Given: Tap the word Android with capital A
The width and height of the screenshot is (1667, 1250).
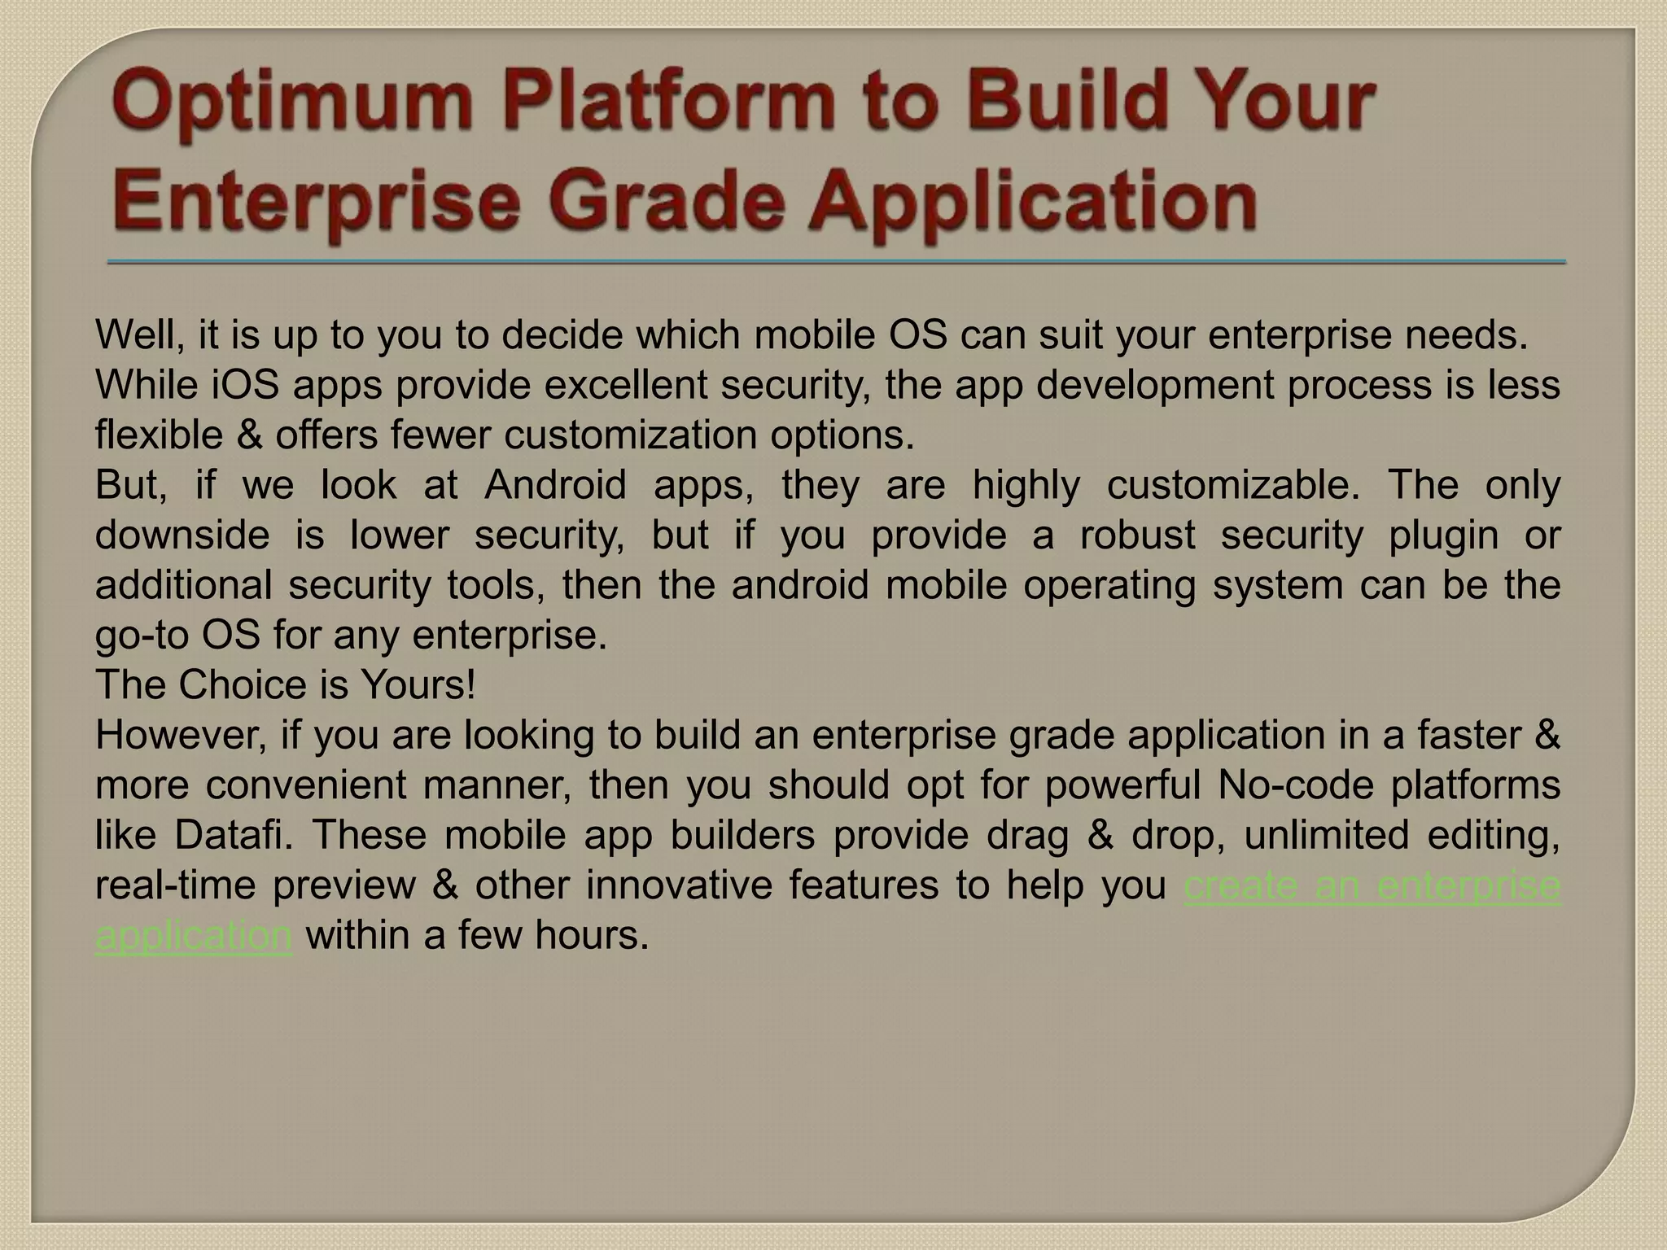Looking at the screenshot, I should point(555,485).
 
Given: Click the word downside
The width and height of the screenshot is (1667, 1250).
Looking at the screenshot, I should point(182,535).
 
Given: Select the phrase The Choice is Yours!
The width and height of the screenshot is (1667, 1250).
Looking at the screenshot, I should point(286,684).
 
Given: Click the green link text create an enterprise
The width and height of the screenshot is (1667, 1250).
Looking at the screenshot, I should point(1372,885).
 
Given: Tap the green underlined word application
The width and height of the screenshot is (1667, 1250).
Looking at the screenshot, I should point(194,935).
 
